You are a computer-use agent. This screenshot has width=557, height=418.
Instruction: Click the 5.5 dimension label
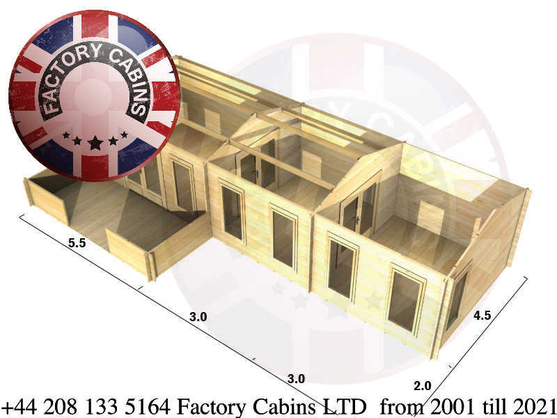pos(77,242)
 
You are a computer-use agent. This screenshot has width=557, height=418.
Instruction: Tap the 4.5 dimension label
pos(482,316)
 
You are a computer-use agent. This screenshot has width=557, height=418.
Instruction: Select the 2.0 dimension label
pos(423,386)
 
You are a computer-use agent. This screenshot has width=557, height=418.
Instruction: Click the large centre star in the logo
pos(95,143)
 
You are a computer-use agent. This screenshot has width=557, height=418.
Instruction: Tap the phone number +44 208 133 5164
pos(86,406)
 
